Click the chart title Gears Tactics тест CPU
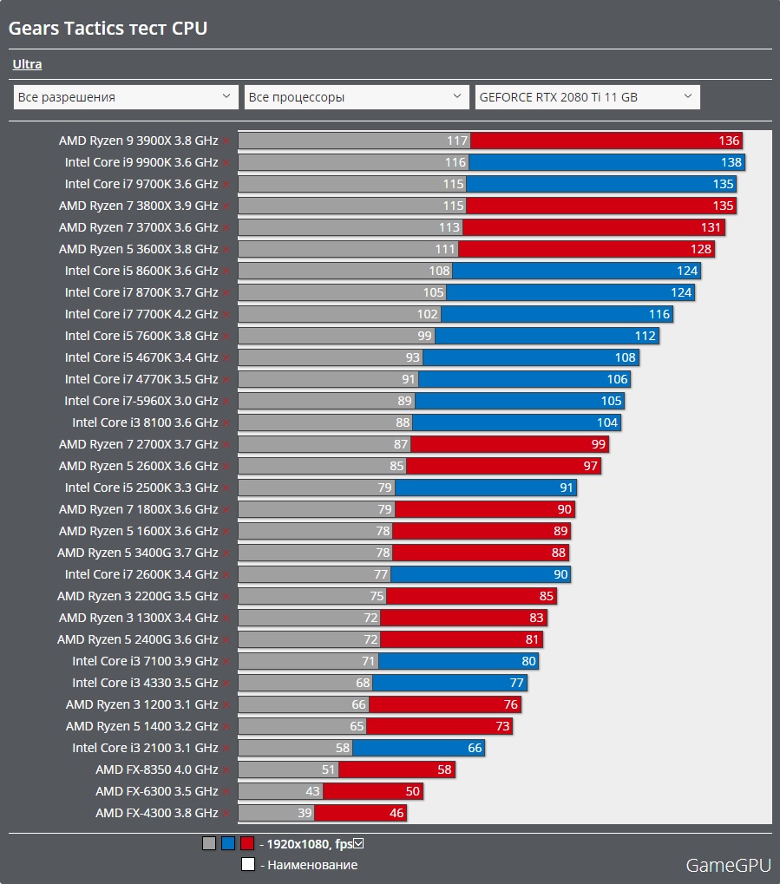pyautogui.click(x=108, y=29)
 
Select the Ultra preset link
pyautogui.click(x=27, y=64)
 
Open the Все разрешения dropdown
pyautogui.click(x=126, y=97)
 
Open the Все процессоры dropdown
pyautogui.click(x=357, y=97)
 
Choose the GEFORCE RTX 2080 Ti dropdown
pyautogui.click(x=587, y=97)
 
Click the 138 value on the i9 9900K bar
pyautogui.click(x=731, y=162)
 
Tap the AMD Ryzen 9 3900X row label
pyautogui.click(x=138, y=141)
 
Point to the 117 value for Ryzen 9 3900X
pyautogui.click(x=457, y=141)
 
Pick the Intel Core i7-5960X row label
pyautogui.click(x=141, y=401)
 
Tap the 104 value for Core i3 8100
pyautogui.click(x=607, y=422)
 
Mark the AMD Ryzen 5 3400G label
pyautogui.click(x=137, y=553)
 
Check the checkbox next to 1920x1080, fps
pyautogui.click(x=358, y=843)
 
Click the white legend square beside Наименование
pyautogui.click(x=247, y=864)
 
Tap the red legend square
pyautogui.click(x=247, y=843)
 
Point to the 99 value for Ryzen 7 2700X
pyautogui.click(x=598, y=444)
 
